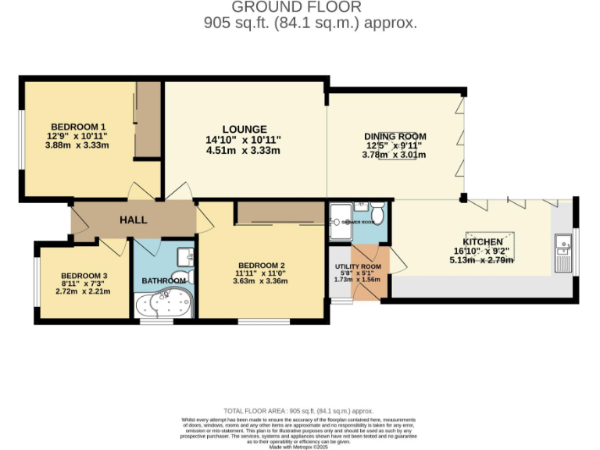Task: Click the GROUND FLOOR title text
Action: (x=310, y=8)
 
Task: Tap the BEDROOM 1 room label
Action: (x=78, y=127)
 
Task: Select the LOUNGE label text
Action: (x=244, y=129)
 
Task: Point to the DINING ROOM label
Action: (x=396, y=136)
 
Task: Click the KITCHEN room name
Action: (x=482, y=241)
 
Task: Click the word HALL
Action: (x=133, y=220)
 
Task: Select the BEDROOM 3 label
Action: (x=84, y=275)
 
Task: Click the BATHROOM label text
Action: (x=163, y=280)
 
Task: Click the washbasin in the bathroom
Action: (x=184, y=255)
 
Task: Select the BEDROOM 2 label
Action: (x=261, y=265)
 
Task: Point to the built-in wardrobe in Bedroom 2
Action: (x=280, y=212)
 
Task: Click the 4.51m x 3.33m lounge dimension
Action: (x=243, y=151)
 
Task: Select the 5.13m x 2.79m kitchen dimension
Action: (x=481, y=260)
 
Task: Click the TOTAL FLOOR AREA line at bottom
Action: (x=298, y=410)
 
